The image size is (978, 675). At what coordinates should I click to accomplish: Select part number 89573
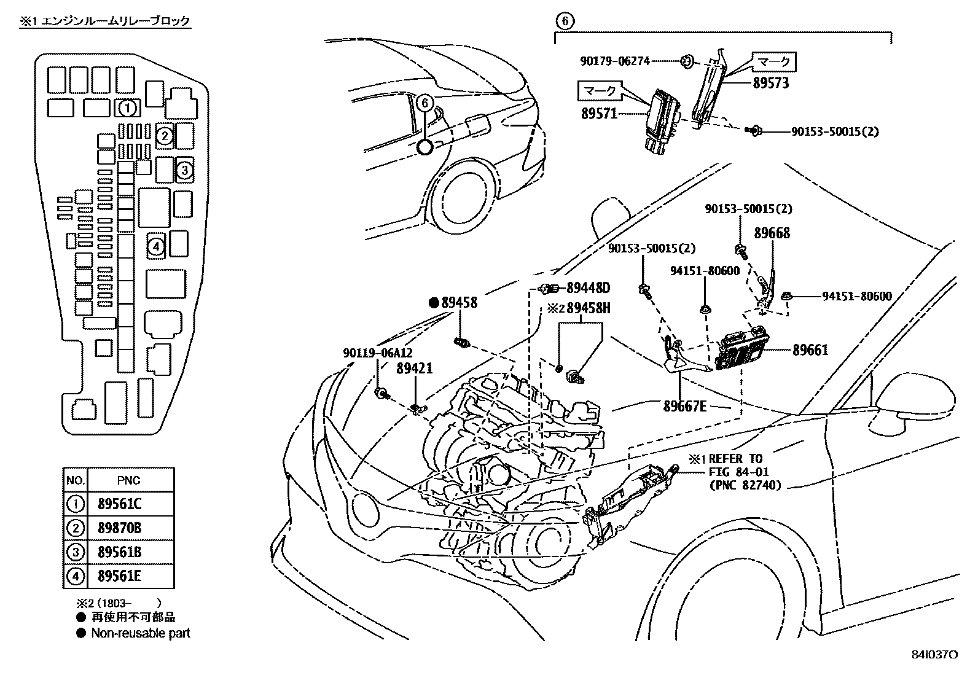[x=771, y=83]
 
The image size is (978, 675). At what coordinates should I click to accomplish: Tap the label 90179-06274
[x=615, y=61]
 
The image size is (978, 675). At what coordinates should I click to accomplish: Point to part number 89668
[x=772, y=233]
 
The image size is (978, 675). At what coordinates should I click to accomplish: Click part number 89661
[x=810, y=350]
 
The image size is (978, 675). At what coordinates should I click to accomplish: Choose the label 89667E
[x=684, y=406]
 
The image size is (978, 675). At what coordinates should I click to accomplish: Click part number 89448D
[x=588, y=288]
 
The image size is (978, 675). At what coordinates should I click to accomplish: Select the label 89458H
[x=588, y=308]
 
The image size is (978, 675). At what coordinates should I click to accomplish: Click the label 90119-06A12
[x=378, y=353]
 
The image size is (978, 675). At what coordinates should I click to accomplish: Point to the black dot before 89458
[x=434, y=302]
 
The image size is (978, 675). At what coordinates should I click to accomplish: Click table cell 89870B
[x=119, y=528]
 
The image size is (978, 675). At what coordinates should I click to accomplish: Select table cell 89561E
[x=119, y=576]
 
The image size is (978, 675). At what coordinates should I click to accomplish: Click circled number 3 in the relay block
[x=185, y=170]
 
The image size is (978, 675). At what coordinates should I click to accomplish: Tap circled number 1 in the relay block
[x=127, y=109]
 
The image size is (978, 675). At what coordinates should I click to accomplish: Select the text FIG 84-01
[x=738, y=472]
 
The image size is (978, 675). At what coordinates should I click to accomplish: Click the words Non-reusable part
[x=141, y=633]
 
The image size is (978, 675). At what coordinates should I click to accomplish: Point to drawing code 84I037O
[x=934, y=655]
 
